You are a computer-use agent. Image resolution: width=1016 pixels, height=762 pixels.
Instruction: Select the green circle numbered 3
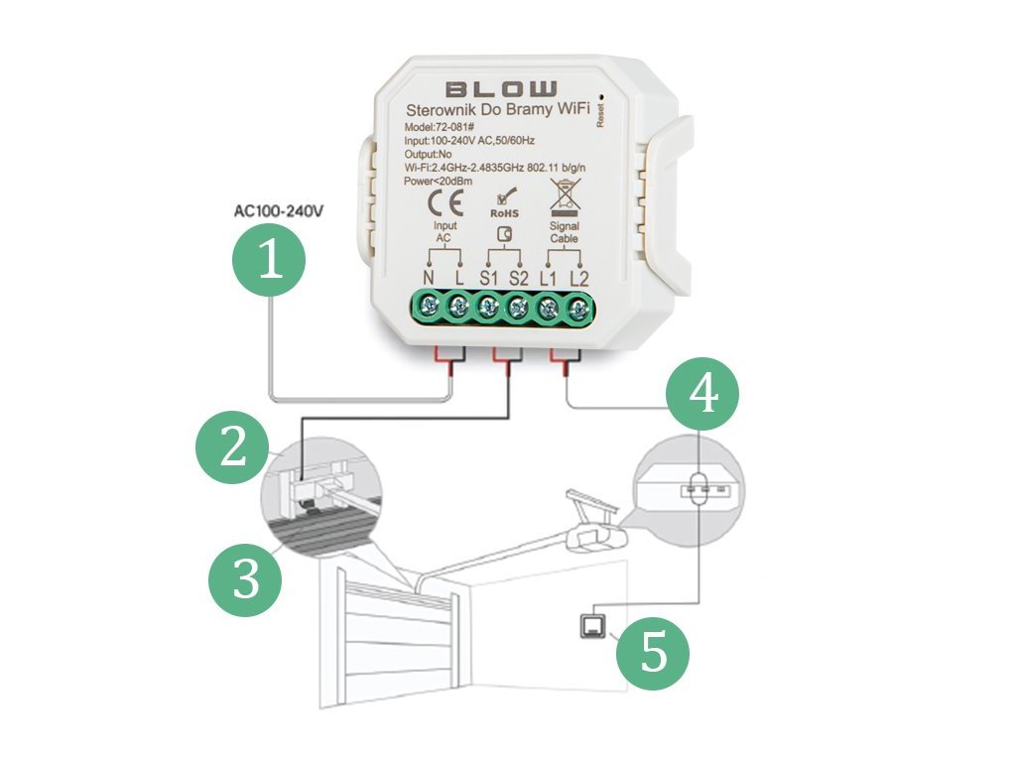pos(245,579)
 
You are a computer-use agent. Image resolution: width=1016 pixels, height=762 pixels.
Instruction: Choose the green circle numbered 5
pos(652,654)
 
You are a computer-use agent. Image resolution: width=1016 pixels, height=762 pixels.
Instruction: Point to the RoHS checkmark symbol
pos(503,198)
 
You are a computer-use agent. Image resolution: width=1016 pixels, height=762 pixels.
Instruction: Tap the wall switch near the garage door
pos(592,625)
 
